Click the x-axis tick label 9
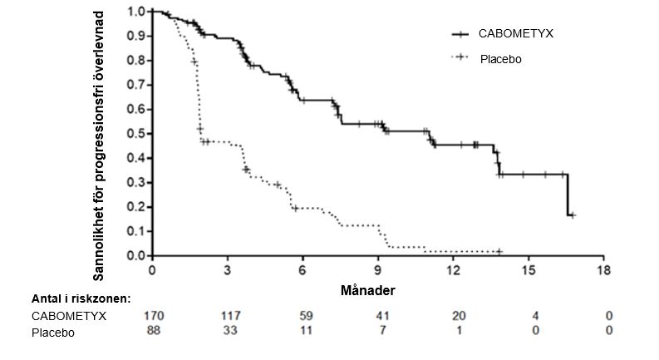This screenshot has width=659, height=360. [378, 270]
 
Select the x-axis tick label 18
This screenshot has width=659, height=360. [605, 270]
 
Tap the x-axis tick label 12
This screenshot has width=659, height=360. [454, 270]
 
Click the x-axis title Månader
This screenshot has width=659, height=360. [367, 291]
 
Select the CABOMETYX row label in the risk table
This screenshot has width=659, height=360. [69, 316]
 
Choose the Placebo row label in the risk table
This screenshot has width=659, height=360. [53, 333]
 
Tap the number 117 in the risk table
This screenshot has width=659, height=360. [228, 316]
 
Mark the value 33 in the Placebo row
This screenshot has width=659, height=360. [228, 332]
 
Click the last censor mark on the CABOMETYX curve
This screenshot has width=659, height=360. [572, 215]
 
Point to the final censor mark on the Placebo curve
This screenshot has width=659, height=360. [499, 251]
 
